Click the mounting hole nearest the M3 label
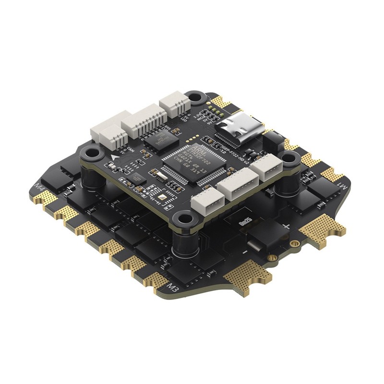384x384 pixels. pyautogui.click(x=184, y=219)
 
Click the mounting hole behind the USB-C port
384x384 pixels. pyautogui.click(x=195, y=97)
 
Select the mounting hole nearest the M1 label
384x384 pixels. pyautogui.click(x=288, y=157)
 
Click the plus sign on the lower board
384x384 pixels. pyautogui.click(x=287, y=226)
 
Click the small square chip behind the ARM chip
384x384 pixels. pyautogui.click(x=157, y=140)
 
